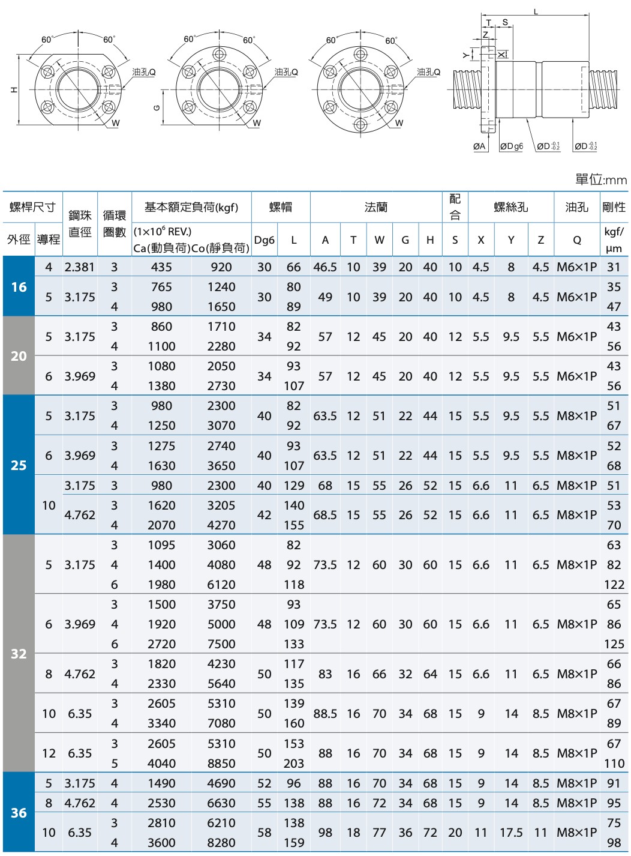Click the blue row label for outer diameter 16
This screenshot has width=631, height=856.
pos(19,287)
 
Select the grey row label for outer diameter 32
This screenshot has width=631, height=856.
pos(19,654)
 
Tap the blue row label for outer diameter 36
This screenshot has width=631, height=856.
pos(19,813)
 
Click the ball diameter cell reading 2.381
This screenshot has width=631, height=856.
pos(80,267)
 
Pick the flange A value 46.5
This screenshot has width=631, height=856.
pos(324,267)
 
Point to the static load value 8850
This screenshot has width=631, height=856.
pos(221,764)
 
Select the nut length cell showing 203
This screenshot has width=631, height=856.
pos(293,764)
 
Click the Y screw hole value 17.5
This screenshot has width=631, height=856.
pos(511,833)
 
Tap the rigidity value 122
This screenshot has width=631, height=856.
pos(614,585)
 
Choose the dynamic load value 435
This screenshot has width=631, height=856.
pos(161,267)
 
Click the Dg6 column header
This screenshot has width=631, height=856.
pos(264,240)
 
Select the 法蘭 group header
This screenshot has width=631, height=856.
pos(376,207)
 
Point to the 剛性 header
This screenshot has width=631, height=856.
pos(614,207)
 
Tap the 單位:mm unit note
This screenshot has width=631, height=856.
pos(600,179)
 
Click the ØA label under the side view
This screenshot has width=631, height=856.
pos(479,146)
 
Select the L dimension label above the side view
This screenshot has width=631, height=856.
pos(536,11)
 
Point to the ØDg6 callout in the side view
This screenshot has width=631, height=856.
pos(512,146)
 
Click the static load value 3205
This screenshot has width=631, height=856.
pos(221,505)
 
